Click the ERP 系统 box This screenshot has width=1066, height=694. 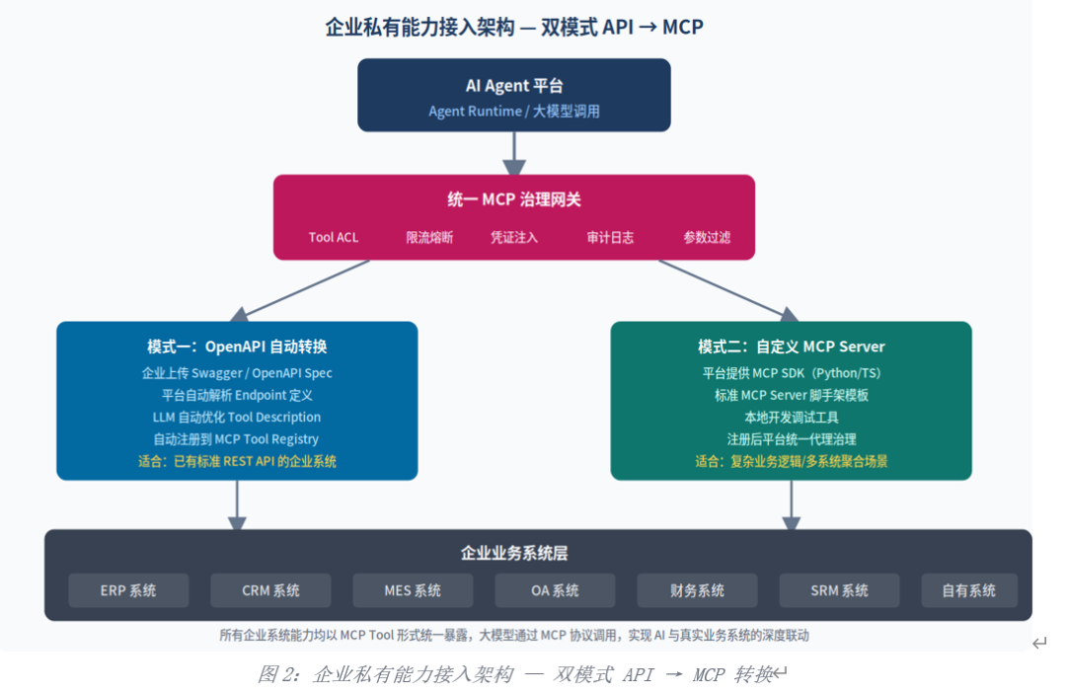pyautogui.click(x=128, y=590)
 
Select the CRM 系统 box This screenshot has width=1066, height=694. pyautogui.click(x=270, y=590)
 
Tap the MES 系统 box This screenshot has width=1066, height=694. pyautogui.click(x=413, y=590)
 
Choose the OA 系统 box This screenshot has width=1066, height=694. pyautogui.click(x=555, y=590)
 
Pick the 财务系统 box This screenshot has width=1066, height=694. pyautogui.click(x=697, y=590)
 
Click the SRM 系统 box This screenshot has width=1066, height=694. pyautogui.click(x=839, y=590)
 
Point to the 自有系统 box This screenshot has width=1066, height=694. pyautogui.click(x=969, y=590)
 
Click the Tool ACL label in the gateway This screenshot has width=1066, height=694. pyautogui.click(x=334, y=237)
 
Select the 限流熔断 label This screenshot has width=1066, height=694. pyautogui.click(x=429, y=237)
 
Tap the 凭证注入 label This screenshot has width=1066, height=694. pyautogui.click(x=514, y=237)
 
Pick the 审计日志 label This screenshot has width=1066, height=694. pyautogui.click(x=610, y=237)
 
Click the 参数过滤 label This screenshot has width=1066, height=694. pyautogui.click(x=707, y=237)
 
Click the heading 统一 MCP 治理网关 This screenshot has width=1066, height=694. pyautogui.click(x=514, y=199)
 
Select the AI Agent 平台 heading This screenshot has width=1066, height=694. pyautogui.click(x=514, y=86)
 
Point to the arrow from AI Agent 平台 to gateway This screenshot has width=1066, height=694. pyautogui.click(x=514, y=153)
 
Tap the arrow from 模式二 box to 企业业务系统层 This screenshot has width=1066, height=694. pyautogui.click(x=792, y=505)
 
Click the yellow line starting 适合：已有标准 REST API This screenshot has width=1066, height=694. pyautogui.click(x=237, y=462)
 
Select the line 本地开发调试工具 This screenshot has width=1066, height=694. pyautogui.click(x=792, y=418)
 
